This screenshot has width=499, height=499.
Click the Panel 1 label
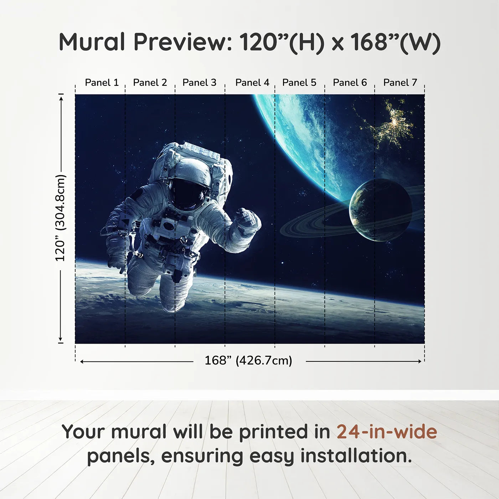102,83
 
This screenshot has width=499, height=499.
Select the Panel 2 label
150,83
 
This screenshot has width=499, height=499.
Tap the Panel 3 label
199,83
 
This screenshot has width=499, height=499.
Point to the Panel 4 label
252,83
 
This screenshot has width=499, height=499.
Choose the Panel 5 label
299,83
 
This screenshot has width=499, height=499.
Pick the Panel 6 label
350,83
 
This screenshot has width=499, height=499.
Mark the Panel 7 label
400,83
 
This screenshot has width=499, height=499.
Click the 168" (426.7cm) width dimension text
248,361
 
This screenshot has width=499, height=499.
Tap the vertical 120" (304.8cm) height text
61,218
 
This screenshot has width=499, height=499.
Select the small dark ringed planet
380,210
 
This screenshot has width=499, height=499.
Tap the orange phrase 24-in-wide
387,432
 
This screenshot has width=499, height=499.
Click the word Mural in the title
92,42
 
